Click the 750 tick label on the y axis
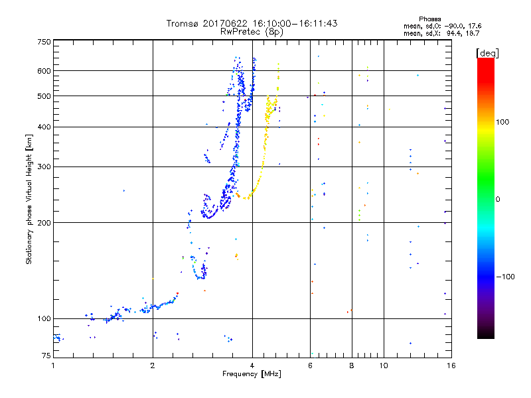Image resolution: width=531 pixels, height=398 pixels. coord(44,42)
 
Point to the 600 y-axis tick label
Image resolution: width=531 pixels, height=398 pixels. coord(44,71)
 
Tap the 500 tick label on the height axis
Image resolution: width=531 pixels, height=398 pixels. coord(44,96)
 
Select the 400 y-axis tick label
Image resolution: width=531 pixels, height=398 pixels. coord(44,127)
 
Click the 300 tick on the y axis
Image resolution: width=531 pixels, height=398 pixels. coord(44,166)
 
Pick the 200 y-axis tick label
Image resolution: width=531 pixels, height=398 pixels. coord(44,223)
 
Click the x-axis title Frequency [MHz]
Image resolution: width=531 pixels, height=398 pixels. coord(252,375)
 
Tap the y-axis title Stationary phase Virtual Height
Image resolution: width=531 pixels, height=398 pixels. coord(29,199)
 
